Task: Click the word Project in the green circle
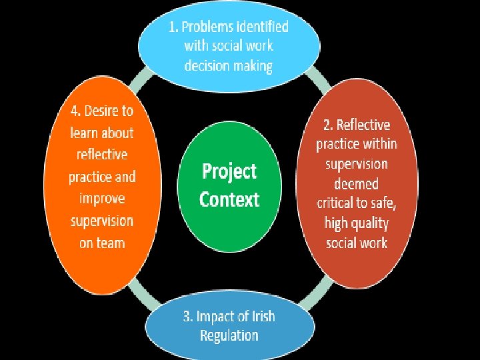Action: [x=229, y=172]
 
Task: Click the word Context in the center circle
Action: [x=229, y=199]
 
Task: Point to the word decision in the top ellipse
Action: [x=207, y=66]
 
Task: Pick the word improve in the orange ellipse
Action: [x=102, y=199]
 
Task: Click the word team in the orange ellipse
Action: [x=111, y=243]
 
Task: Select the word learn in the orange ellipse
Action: [x=84, y=133]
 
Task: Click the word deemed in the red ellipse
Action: [x=356, y=183]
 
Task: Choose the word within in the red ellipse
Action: [x=381, y=143]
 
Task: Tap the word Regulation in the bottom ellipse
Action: [x=229, y=335]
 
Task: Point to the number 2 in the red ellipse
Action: [x=326, y=125]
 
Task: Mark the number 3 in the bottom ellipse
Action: [x=187, y=315]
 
